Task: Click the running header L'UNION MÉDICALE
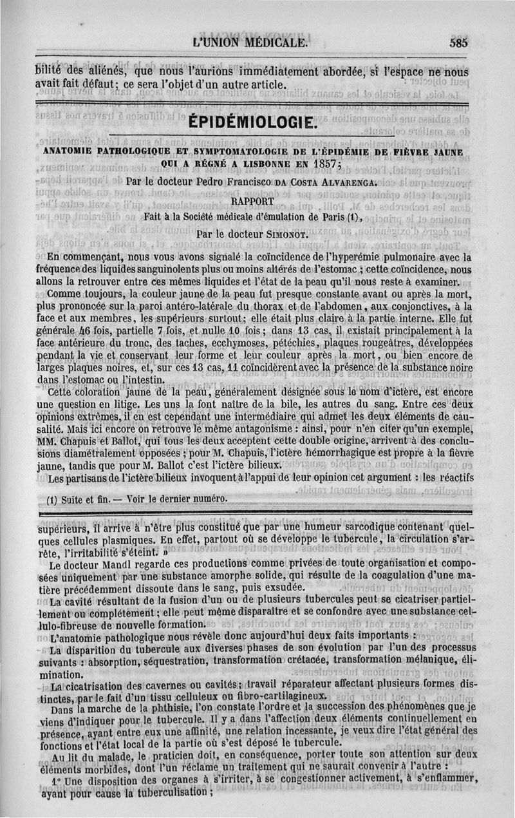(x=250, y=43)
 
